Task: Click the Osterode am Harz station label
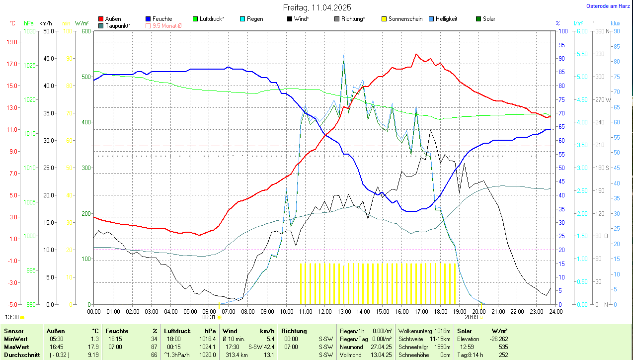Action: (x=608, y=6)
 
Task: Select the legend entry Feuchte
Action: (x=162, y=19)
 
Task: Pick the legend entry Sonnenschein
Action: (x=405, y=19)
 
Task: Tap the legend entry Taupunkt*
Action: (x=118, y=25)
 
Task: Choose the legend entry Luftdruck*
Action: (x=212, y=19)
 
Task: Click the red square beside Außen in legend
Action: (x=101, y=19)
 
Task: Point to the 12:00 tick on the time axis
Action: (x=324, y=312)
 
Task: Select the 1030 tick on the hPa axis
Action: (x=30, y=31)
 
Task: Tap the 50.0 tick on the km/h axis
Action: (x=48, y=31)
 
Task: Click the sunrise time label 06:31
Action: (x=209, y=317)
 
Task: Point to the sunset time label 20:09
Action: (x=472, y=317)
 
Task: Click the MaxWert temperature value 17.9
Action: (x=93, y=347)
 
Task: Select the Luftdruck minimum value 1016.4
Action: (x=208, y=339)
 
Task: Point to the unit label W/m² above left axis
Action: (x=81, y=23)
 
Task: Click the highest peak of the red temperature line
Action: (x=416, y=54)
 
